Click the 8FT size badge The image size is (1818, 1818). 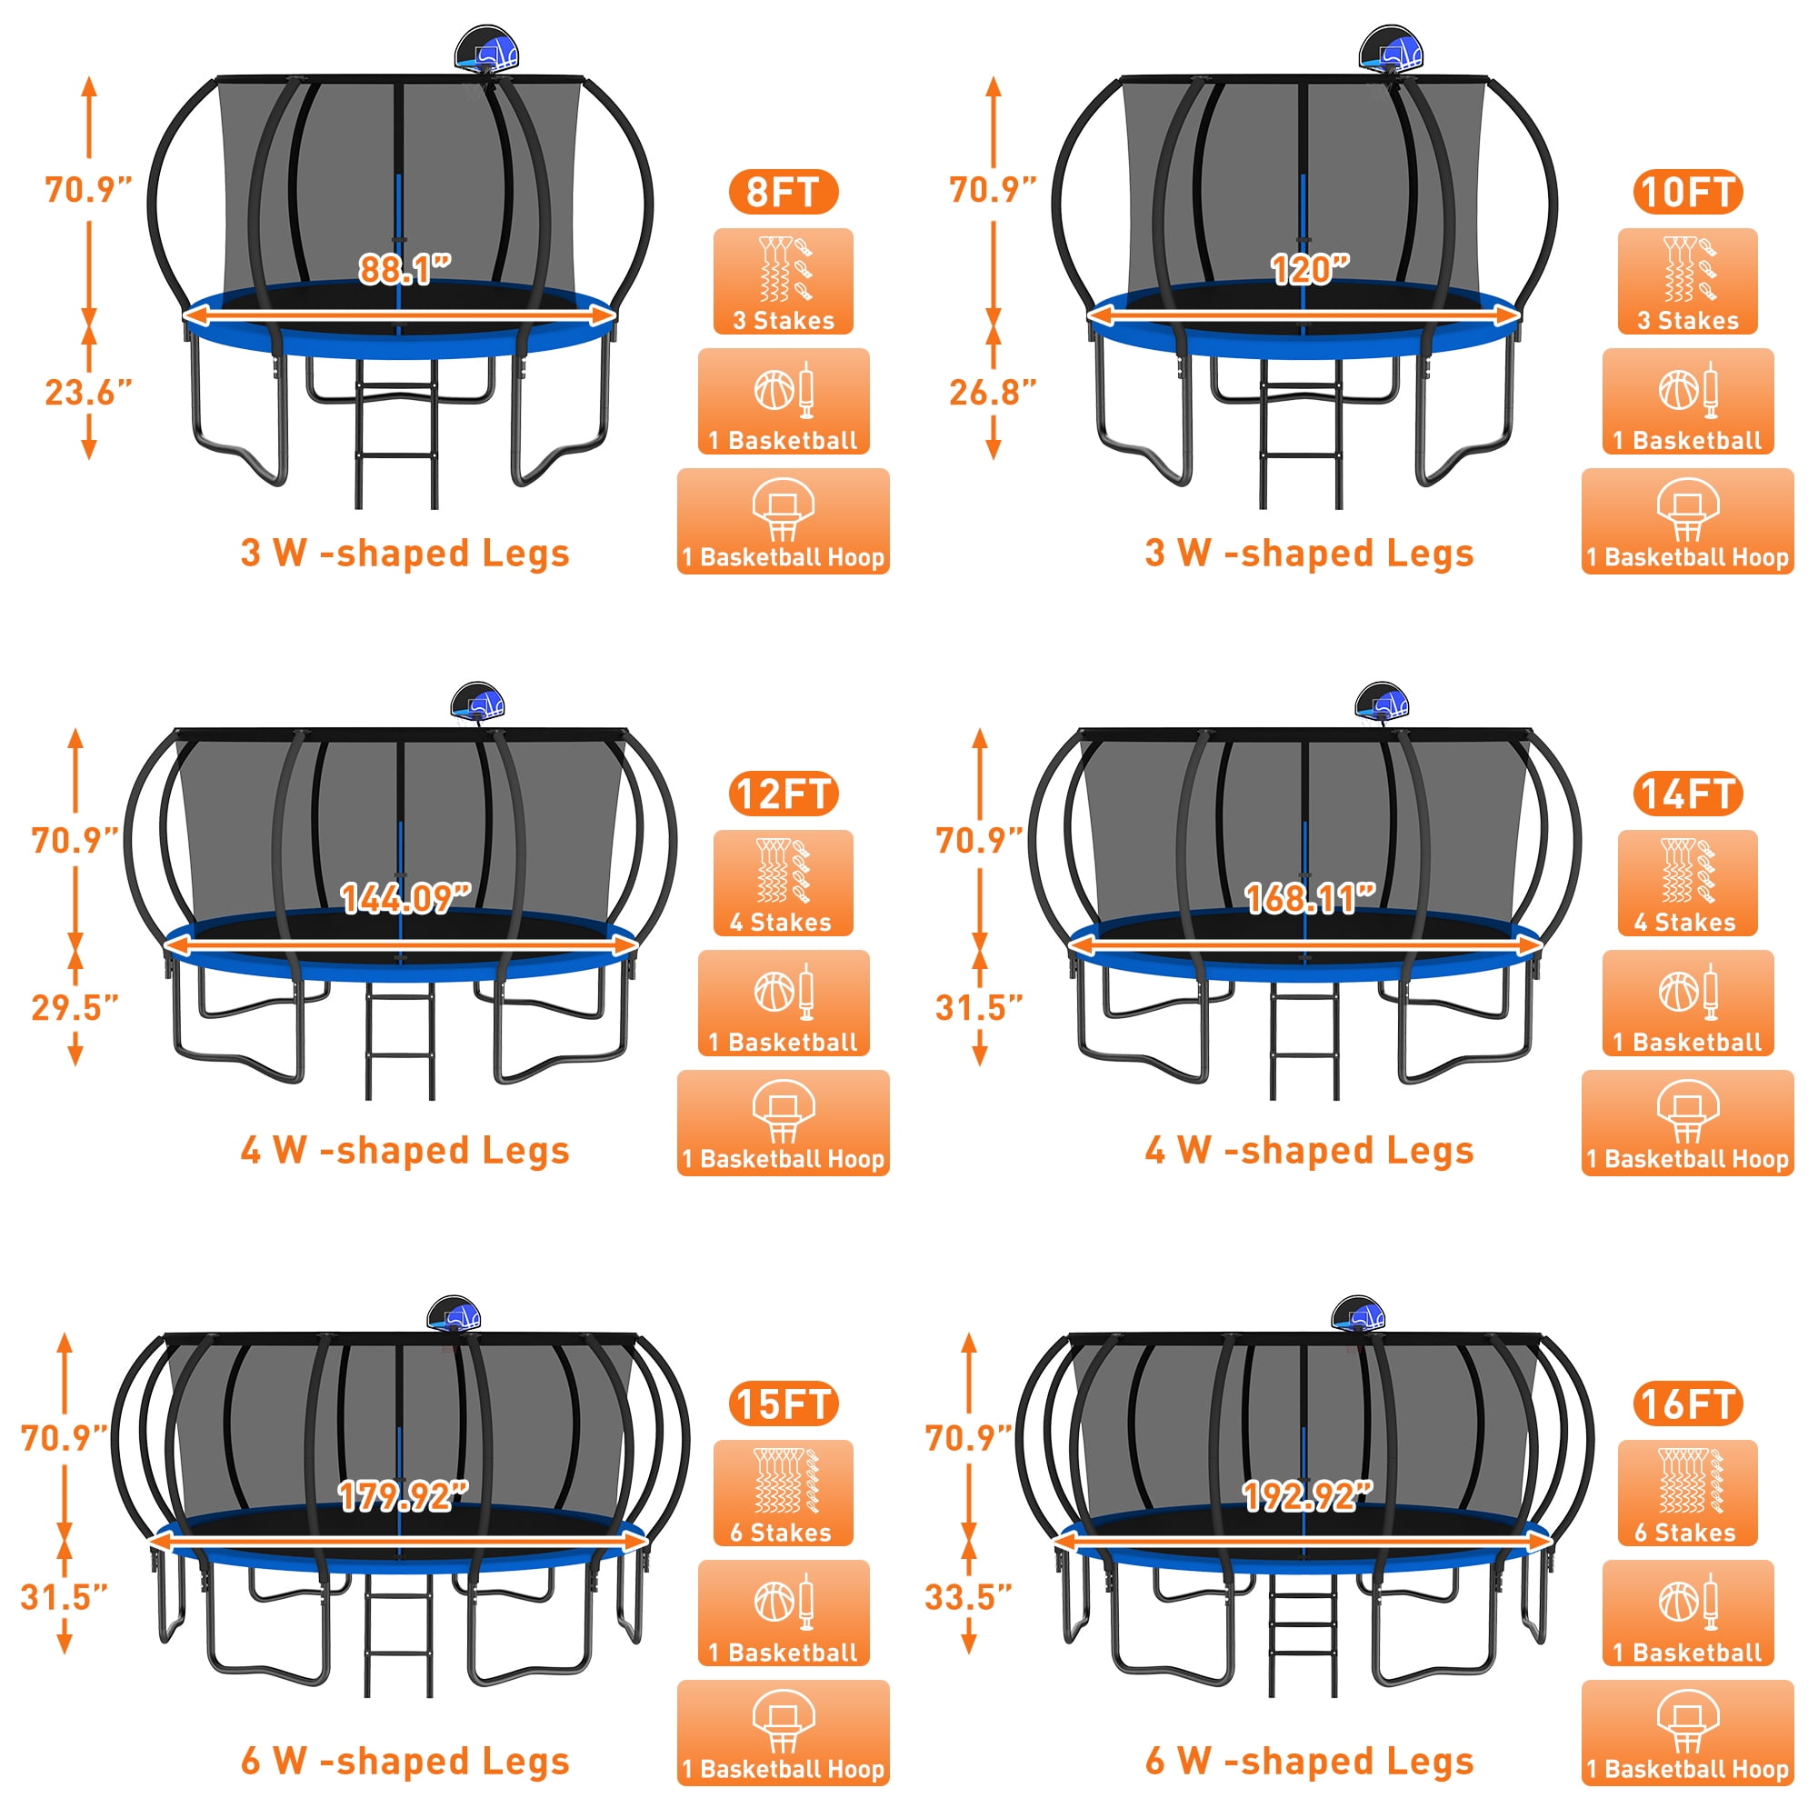[x=783, y=192]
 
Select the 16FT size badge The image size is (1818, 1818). [x=1687, y=1404]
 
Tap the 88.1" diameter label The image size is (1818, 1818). [x=405, y=270]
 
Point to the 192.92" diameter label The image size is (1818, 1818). [x=1308, y=1495]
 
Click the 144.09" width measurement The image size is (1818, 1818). [x=405, y=899]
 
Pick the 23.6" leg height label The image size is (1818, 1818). [x=88, y=393]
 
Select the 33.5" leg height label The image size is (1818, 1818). [x=968, y=1597]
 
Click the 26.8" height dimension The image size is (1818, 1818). [x=993, y=393]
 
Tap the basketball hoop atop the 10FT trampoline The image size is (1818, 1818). [x=1391, y=50]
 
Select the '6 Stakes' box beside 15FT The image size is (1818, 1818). [x=783, y=1493]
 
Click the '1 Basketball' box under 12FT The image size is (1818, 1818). [x=783, y=1004]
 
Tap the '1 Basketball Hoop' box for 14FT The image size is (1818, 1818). [x=1687, y=1123]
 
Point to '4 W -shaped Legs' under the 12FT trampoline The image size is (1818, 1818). [x=405, y=1151]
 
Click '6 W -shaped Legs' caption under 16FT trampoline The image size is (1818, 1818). [x=1309, y=1761]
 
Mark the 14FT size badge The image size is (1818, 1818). [x=1687, y=794]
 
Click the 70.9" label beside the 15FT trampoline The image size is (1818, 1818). [x=64, y=1438]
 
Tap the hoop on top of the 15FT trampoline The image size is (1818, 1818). [x=454, y=1314]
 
